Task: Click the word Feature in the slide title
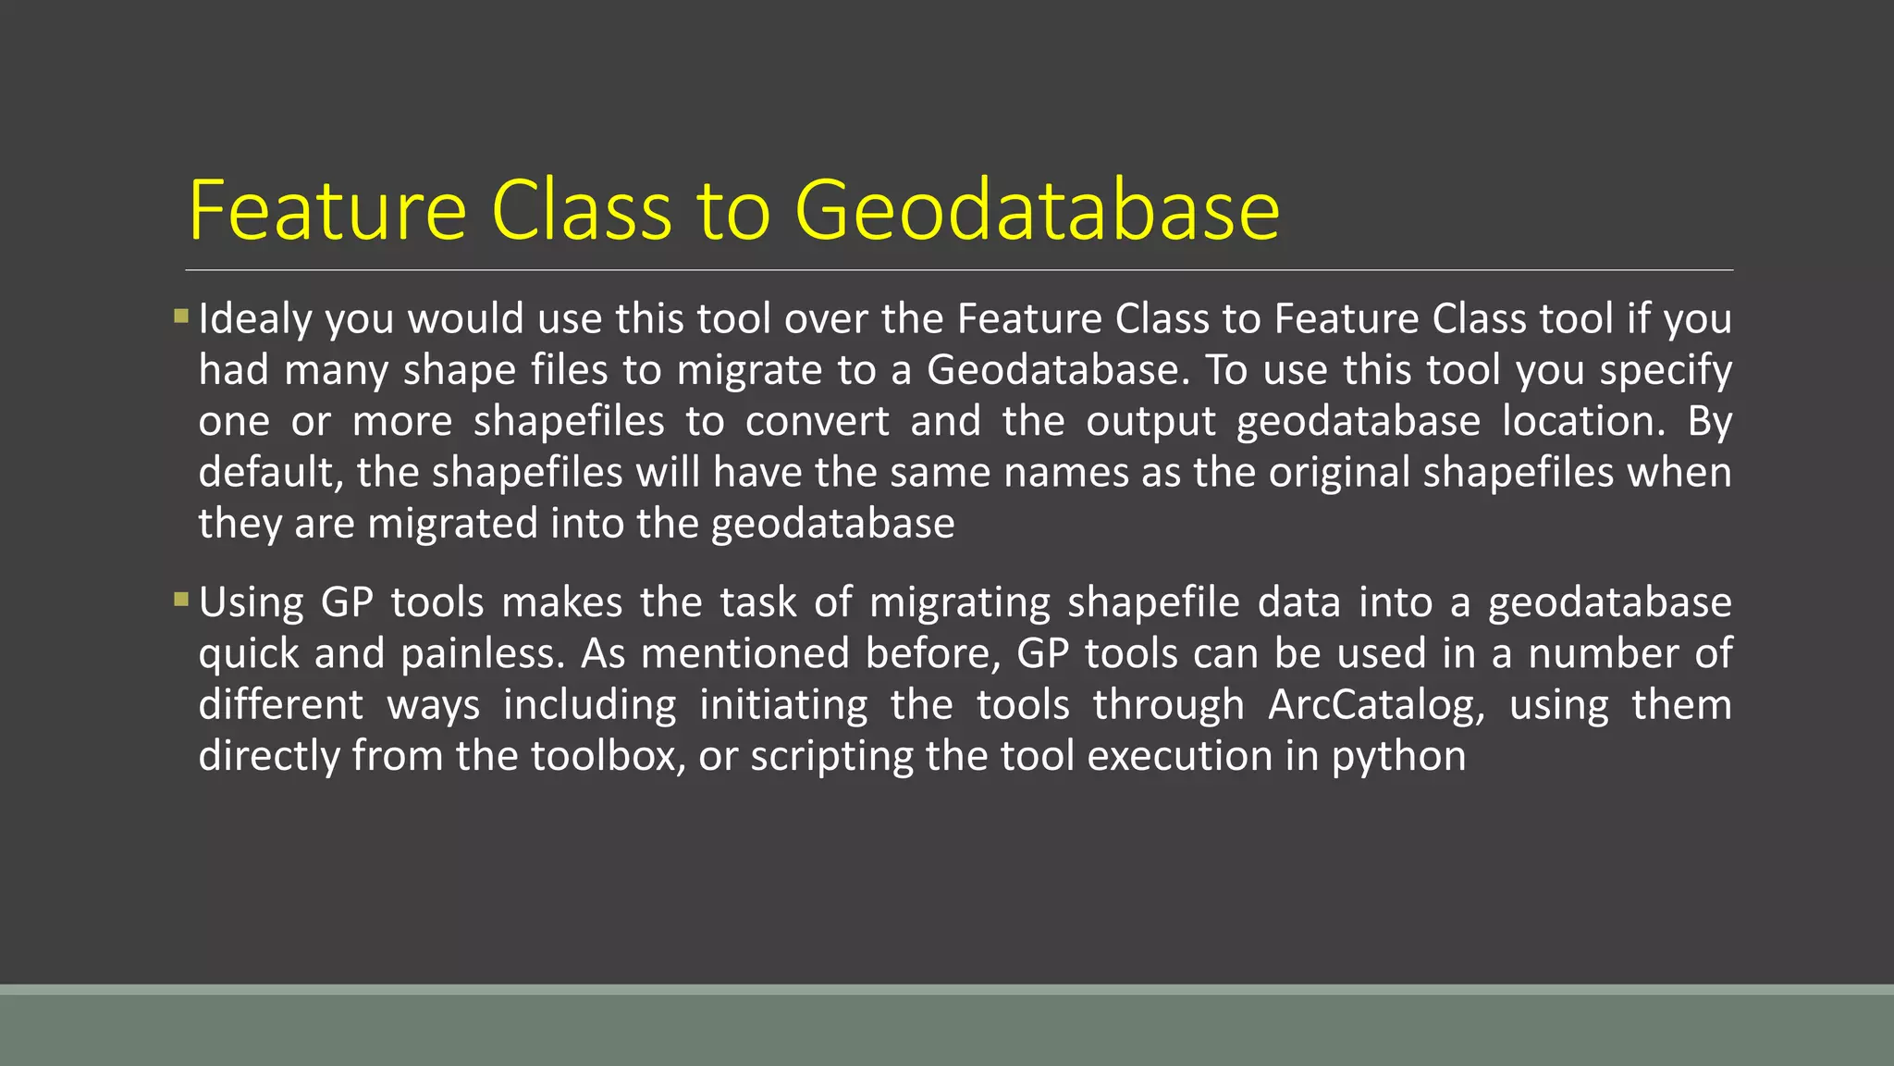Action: (x=327, y=211)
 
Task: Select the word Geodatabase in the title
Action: (x=1037, y=211)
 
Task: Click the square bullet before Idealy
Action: (x=180, y=316)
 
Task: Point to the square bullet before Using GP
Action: (x=180, y=600)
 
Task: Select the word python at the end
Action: (x=1398, y=757)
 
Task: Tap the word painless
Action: (x=483, y=654)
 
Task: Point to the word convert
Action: (x=817, y=422)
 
